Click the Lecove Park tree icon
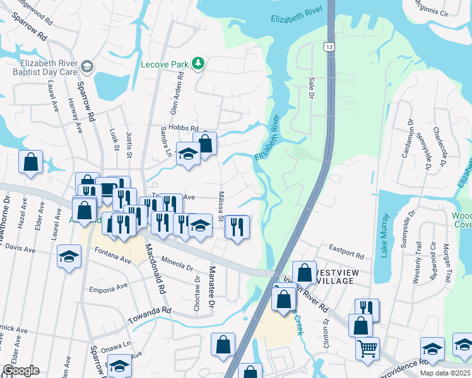pyautogui.click(x=198, y=63)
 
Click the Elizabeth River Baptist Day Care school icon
pyautogui.click(x=87, y=66)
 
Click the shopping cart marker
pyautogui.click(x=367, y=348)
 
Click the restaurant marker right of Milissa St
pyautogui.click(x=237, y=227)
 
